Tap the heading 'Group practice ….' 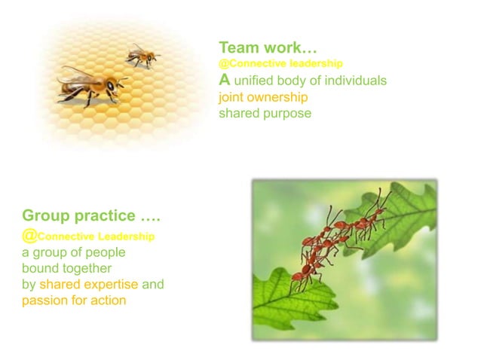[x=90, y=217]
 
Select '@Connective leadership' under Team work [x=280, y=63]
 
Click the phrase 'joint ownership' [x=263, y=97]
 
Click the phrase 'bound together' [x=66, y=268]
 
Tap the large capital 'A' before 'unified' [x=225, y=79]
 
